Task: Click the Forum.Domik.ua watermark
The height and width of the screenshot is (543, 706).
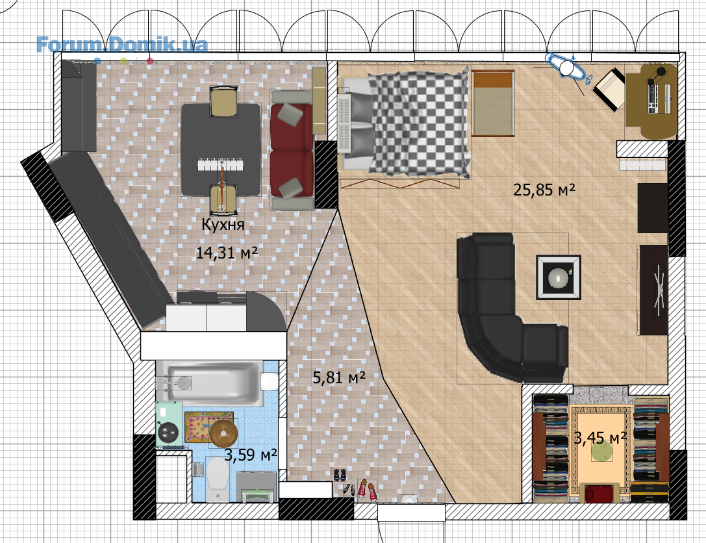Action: pos(122,45)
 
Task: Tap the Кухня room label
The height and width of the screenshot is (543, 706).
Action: pos(223,224)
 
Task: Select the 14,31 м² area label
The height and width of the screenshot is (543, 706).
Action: pos(227,253)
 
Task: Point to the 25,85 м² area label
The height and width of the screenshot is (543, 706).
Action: pos(544,190)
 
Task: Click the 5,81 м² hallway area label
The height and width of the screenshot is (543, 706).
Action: pos(338,377)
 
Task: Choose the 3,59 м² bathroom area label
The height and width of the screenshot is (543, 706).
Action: pos(250,455)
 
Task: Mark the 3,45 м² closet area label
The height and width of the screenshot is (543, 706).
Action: pos(600,437)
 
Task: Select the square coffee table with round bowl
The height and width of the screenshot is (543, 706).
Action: pos(559,277)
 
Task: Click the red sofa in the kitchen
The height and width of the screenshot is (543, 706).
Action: pos(292,151)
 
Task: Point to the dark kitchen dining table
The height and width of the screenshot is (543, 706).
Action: pos(221,149)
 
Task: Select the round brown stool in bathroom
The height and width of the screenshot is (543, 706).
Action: pos(224,433)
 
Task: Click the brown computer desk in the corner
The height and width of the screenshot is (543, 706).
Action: pos(651,101)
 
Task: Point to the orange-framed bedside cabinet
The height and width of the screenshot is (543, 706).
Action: pos(492,103)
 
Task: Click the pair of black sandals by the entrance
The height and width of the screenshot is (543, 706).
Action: pos(340,475)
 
